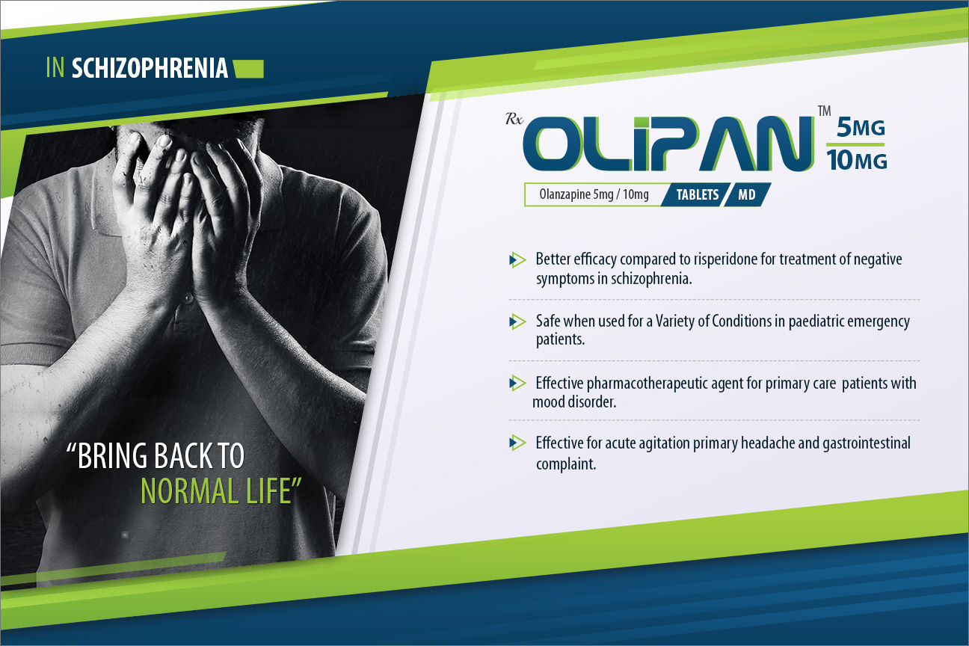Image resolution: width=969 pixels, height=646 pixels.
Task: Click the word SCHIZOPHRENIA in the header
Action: coord(150,68)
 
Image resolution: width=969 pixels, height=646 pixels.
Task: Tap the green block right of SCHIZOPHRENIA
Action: coord(249,69)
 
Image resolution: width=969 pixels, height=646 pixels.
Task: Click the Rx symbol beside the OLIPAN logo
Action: coord(514,119)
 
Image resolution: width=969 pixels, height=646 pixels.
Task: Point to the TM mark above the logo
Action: coord(825,111)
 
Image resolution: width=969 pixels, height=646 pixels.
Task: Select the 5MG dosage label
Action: coord(861,127)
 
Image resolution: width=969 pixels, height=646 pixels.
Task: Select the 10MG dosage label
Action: coord(857,160)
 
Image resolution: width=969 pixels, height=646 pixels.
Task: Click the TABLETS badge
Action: coord(698,194)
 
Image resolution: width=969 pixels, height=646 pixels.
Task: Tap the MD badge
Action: coord(747,194)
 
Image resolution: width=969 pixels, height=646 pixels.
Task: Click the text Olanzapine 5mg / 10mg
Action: coord(594,194)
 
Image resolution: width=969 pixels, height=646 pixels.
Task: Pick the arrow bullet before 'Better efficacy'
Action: coord(517,260)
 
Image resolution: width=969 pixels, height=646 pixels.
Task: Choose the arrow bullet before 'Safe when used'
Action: coord(517,322)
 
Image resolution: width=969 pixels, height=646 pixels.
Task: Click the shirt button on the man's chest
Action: coord(188,298)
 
